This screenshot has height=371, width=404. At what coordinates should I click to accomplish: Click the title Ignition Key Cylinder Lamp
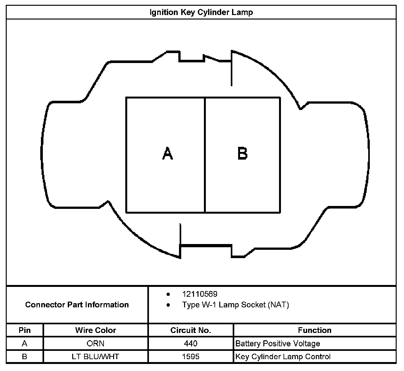201,12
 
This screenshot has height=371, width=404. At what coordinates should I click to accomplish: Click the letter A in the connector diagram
167,153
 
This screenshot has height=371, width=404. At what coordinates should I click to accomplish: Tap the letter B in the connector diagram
243,153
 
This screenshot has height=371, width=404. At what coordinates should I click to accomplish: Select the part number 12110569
199,294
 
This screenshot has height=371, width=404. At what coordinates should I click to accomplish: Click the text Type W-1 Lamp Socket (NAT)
235,305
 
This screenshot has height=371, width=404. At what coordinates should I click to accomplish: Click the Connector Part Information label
77,304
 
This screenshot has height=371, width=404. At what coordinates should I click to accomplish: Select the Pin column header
25,330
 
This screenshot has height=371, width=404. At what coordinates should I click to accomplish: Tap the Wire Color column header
96,330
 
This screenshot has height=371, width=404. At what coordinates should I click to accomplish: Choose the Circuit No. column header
190,330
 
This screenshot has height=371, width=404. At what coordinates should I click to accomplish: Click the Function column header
315,330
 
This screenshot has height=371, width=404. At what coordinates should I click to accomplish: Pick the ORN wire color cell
96,343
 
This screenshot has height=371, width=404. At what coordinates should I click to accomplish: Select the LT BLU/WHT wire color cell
96,357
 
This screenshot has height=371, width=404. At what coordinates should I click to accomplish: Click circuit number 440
190,343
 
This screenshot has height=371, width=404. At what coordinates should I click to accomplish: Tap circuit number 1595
190,357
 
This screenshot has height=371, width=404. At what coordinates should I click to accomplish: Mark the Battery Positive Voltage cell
277,343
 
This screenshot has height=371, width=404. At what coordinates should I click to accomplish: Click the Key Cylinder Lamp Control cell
283,357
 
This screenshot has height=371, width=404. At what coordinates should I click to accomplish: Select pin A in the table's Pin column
25,343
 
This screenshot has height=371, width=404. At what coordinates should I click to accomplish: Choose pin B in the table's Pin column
25,357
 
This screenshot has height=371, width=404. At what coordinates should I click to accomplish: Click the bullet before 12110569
168,294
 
